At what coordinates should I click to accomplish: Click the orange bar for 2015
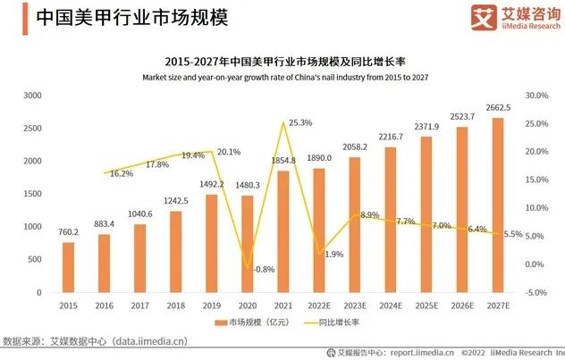pyautogui.click(x=68, y=267)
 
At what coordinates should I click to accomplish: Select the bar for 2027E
pyautogui.click(x=497, y=205)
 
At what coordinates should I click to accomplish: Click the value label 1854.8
pyautogui.click(x=282, y=160)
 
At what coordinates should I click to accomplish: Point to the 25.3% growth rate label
pyautogui.click(x=300, y=122)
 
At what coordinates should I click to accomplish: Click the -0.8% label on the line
pyautogui.click(x=264, y=269)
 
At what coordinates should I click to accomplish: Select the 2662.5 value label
pyautogui.click(x=498, y=108)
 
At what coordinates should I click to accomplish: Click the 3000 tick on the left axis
pyautogui.click(x=33, y=95)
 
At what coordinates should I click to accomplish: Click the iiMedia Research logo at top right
pyautogui.click(x=511, y=17)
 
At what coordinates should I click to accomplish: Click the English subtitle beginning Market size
pyautogui.click(x=282, y=77)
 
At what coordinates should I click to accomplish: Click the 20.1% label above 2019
pyautogui.click(x=229, y=152)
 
